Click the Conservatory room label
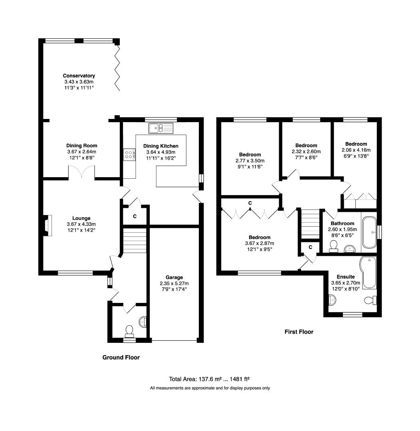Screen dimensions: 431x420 click(79, 75)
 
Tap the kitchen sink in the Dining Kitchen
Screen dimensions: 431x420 click(161, 128)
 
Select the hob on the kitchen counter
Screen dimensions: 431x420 click(129, 154)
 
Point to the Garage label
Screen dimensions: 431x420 click(174, 277)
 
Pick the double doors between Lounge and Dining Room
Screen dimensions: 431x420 click(82, 174)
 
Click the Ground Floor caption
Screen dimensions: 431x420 click(121, 358)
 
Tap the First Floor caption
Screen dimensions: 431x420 click(299, 332)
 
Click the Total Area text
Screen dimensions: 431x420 click(210, 379)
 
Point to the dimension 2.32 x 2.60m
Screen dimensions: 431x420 click(306, 152)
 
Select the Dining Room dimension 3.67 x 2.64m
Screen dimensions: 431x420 click(81, 152)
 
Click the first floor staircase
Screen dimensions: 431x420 click(310, 224)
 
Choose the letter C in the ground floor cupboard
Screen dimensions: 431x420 click(135, 217)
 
